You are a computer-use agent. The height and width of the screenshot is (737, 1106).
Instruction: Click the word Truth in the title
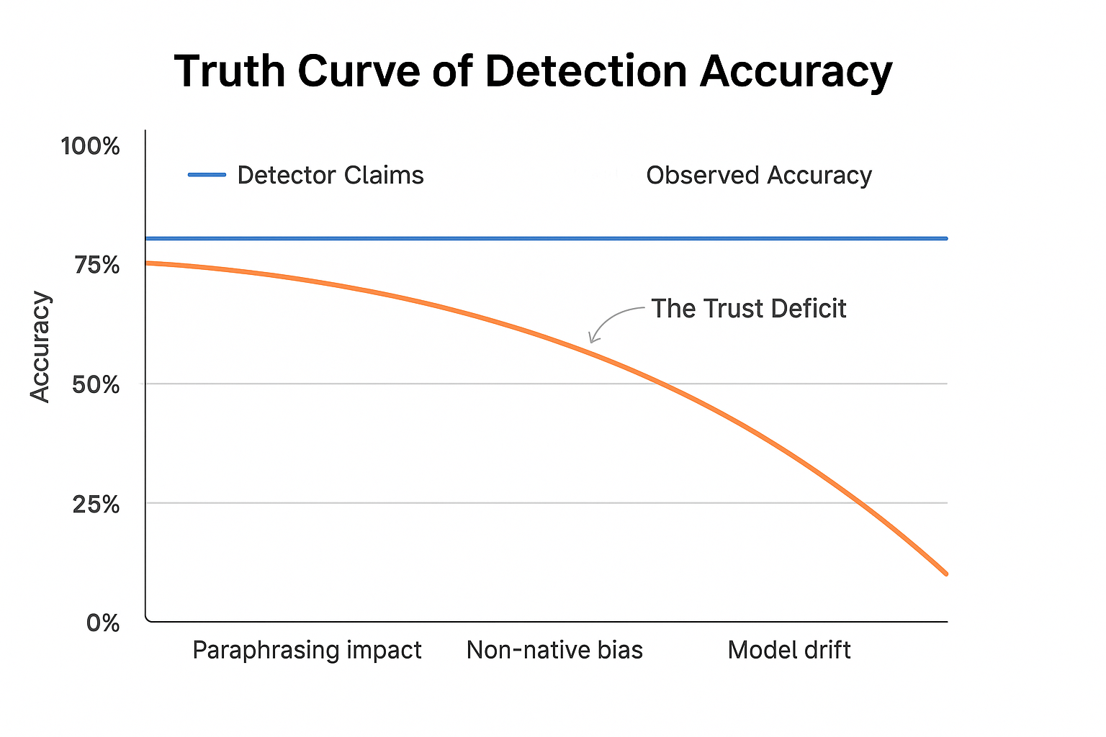230,71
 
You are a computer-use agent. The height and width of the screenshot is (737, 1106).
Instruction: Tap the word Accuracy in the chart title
796,71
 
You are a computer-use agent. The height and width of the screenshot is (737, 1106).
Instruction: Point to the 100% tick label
90,146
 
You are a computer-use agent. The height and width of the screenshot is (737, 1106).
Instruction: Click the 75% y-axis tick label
96,266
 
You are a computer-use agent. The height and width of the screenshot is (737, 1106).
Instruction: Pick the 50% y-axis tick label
96,385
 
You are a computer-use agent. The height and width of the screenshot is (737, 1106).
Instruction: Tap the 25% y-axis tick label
96,505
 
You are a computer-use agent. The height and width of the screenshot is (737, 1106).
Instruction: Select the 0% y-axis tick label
103,623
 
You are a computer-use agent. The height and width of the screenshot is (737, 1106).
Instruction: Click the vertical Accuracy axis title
40,347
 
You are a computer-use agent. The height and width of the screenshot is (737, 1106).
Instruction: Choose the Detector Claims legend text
331,175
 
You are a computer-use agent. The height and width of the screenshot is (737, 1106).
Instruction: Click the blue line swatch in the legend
207,175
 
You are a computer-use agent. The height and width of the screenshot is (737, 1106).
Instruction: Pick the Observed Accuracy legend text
759,175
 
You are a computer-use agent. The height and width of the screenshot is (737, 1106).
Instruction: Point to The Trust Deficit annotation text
749,309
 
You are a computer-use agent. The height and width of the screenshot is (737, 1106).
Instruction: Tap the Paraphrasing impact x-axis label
307,650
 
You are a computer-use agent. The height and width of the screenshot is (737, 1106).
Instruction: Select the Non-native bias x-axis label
554,650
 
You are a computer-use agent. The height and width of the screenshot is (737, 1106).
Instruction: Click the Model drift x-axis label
789,650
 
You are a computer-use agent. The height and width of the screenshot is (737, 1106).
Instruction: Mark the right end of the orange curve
945,574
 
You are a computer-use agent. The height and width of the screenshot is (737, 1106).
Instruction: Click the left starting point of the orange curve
147,263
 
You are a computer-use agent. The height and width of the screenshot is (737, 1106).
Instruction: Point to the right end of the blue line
945,238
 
